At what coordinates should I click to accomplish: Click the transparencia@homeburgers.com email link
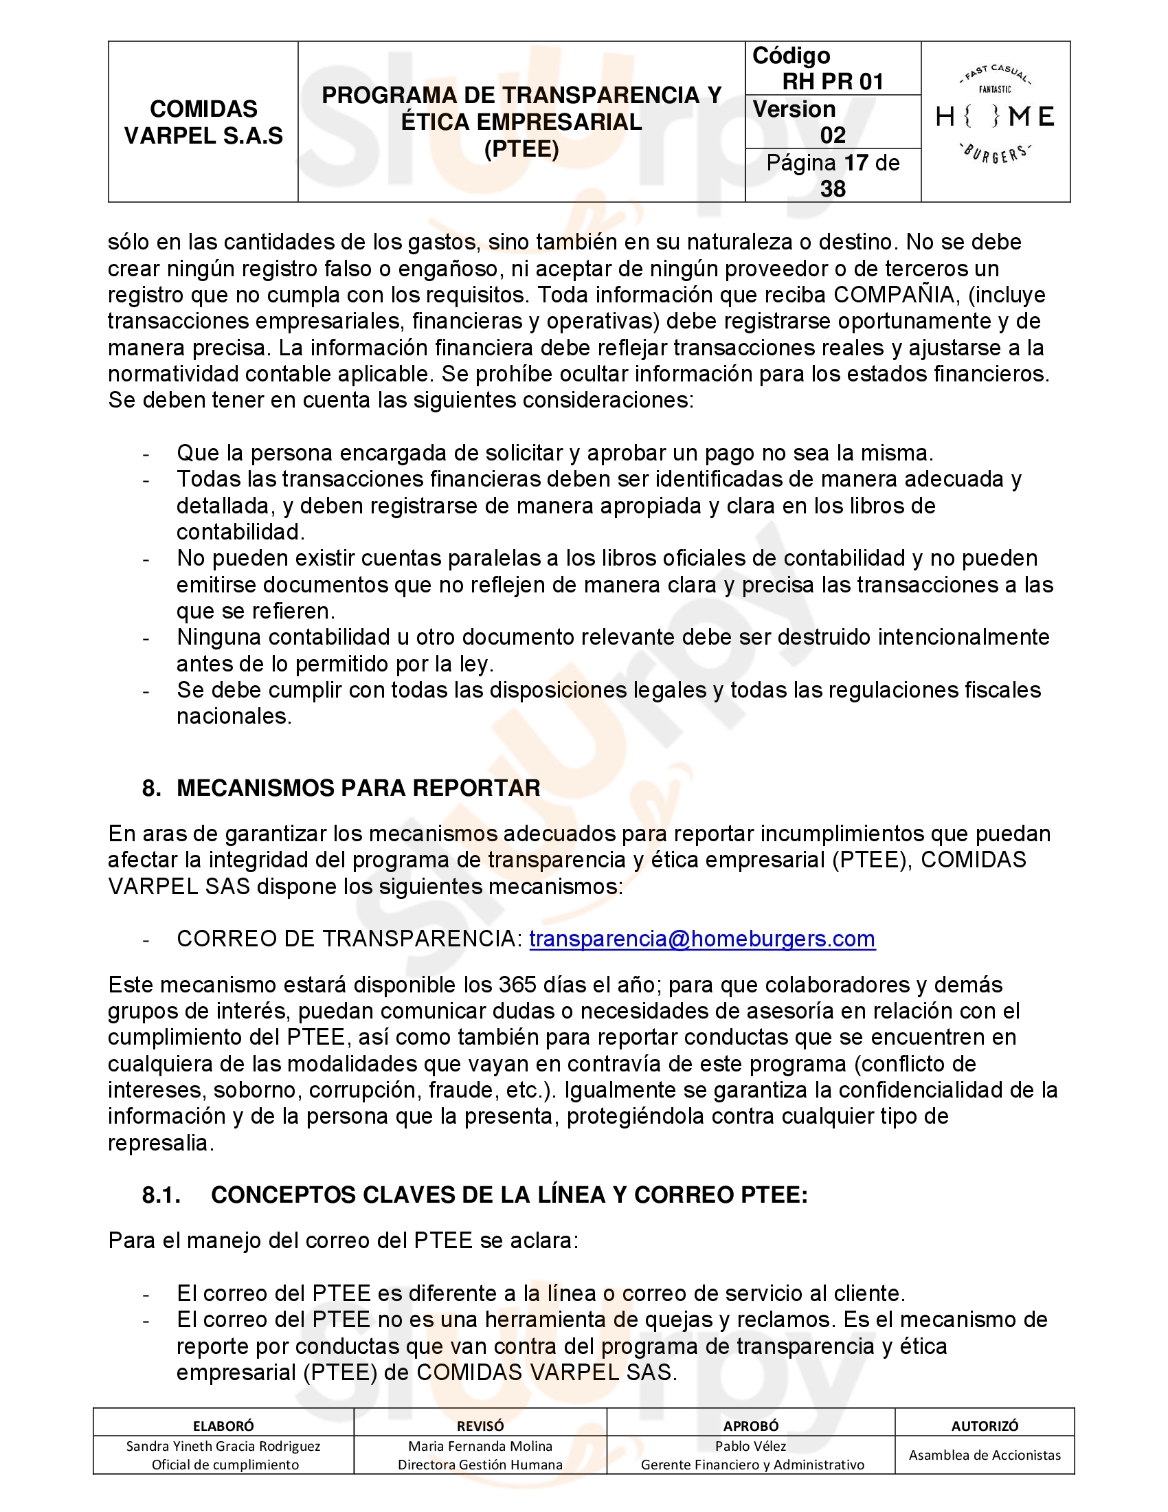[x=702, y=939]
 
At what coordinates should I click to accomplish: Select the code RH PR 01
[x=833, y=82]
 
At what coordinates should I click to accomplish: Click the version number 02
[x=833, y=135]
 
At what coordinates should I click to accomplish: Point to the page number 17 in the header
[x=856, y=164]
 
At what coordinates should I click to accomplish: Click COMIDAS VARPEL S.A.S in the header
[x=203, y=122]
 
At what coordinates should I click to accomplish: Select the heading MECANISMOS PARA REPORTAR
[x=359, y=788]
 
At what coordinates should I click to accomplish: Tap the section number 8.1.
[x=161, y=1195]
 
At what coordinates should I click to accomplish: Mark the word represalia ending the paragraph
[x=161, y=1143]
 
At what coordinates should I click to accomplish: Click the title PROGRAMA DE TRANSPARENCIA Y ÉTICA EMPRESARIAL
[x=521, y=109]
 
